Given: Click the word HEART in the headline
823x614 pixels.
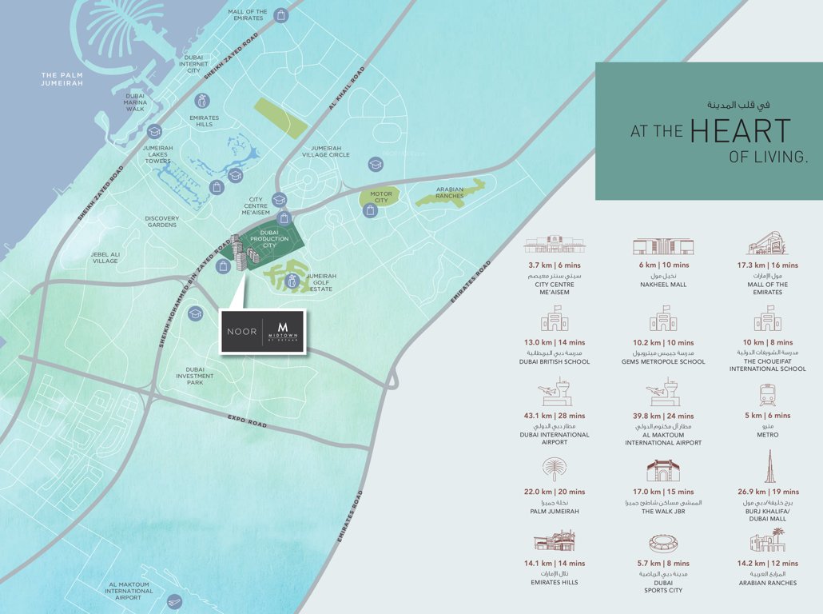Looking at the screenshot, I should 740,132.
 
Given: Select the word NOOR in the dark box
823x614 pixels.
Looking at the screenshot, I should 241,331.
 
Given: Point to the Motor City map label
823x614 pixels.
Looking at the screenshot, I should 381,197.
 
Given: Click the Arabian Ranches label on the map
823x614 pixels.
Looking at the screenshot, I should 450,193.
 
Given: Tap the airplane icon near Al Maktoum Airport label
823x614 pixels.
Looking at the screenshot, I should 175,601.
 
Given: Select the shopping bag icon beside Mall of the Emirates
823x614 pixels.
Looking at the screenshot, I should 281,14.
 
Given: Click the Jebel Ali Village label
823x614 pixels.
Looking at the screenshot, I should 105,257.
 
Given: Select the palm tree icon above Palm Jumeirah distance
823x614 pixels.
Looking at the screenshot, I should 554,469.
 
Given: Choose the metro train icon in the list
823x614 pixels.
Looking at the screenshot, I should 767,394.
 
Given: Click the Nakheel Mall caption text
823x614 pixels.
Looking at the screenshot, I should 662,283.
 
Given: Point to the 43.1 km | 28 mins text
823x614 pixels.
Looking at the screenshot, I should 555,416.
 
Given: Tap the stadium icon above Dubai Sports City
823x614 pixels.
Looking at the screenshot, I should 663,544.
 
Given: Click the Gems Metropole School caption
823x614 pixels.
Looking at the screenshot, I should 662,361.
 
